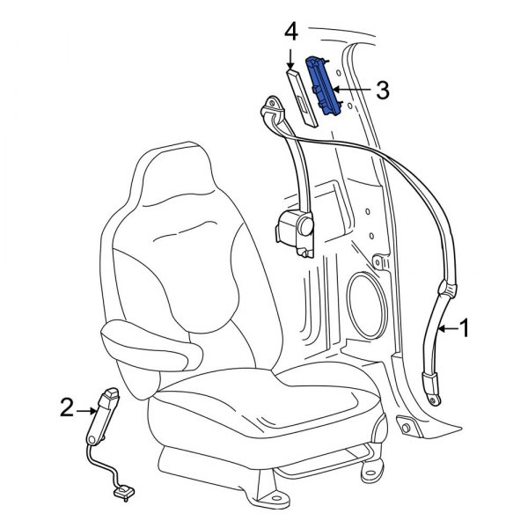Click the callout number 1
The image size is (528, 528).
tap(466, 328)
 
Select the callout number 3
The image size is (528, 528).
tap(381, 89)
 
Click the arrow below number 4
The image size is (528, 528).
tap(291, 58)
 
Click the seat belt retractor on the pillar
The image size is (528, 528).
tap(296, 231)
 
